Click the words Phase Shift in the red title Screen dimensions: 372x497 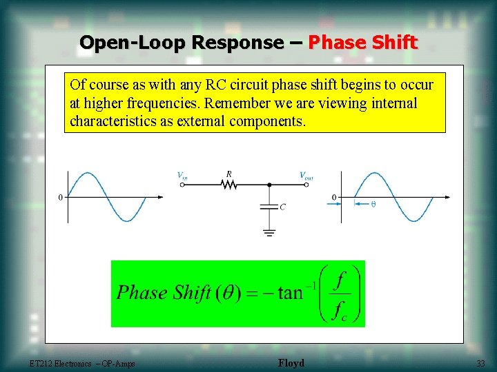[362, 43]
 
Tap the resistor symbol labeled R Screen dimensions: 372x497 [228, 184]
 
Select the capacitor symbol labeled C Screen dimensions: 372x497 [269, 206]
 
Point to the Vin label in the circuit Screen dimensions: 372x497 [182, 176]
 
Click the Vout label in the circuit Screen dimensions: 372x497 [306, 176]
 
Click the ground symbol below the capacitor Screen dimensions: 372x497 [269, 232]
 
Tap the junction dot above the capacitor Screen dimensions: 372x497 [269, 185]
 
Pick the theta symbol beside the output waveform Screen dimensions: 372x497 [373, 204]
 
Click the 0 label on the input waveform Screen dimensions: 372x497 [61, 198]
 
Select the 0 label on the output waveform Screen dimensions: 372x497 [335, 198]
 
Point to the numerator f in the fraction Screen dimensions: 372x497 [339, 279]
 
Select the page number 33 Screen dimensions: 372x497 [480, 363]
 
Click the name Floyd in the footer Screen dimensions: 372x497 [291, 363]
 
